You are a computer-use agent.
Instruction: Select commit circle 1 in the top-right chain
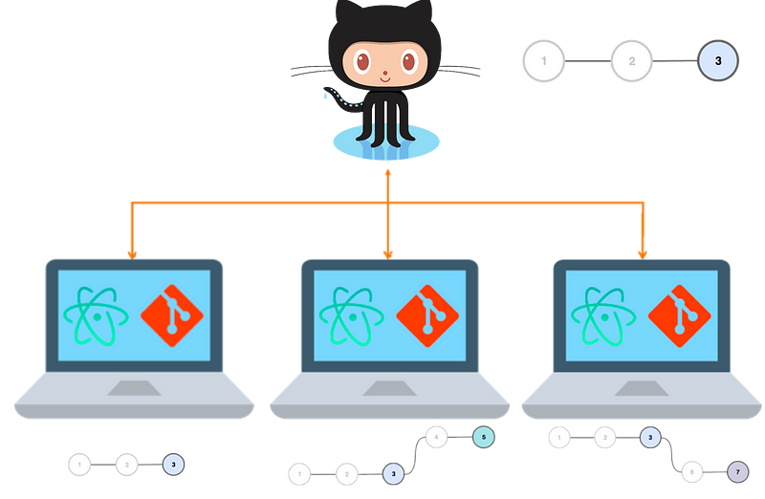(544, 62)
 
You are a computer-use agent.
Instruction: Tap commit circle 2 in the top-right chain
(632, 62)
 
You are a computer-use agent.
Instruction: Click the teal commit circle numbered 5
(484, 437)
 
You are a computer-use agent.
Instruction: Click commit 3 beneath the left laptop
(173, 465)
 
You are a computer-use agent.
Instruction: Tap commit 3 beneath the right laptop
(649, 438)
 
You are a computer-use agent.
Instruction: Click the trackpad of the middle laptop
(385, 386)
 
